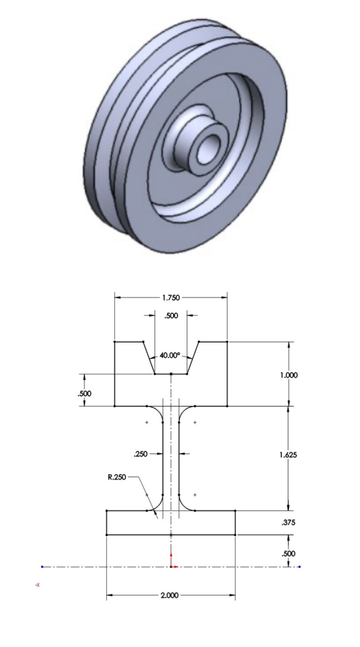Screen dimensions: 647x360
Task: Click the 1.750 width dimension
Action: pos(171,298)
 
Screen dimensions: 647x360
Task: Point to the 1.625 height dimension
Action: pos(288,455)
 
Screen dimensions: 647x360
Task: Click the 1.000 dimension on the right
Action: pos(289,375)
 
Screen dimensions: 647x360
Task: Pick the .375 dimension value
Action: pos(288,523)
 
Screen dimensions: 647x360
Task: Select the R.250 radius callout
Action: pos(117,477)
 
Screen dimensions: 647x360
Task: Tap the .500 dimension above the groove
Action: pos(171,316)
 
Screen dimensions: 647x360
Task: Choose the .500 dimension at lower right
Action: pos(288,553)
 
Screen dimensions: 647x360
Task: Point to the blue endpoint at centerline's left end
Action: pos(42,567)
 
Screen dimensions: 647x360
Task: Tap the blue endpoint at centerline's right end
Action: pos(300,567)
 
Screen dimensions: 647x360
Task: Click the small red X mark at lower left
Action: pos(38,585)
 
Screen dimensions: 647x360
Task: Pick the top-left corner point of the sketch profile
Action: pos(115,342)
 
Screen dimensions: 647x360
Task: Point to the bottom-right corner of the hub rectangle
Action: pos(235,535)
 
